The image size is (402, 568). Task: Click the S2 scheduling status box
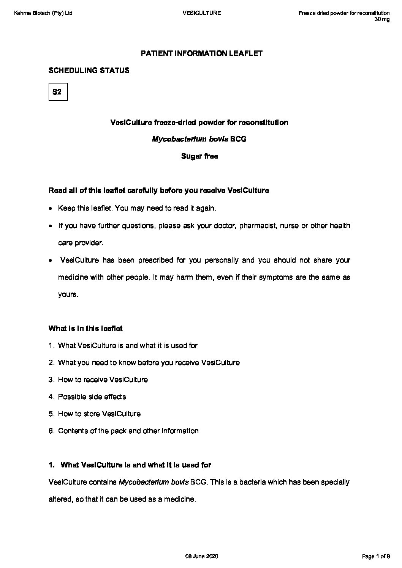tap(58, 91)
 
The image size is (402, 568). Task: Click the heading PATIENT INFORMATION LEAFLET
tap(201, 53)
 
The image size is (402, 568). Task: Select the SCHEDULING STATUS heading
tap(89, 70)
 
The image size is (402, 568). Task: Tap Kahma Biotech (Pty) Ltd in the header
tap(43, 13)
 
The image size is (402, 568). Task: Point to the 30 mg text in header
tap(382, 19)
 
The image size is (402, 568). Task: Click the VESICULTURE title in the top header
tap(201, 13)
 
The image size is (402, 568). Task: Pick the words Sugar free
tap(199, 156)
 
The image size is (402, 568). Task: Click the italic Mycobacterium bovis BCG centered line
tap(199, 139)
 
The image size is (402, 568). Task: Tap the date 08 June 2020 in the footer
tap(201, 556)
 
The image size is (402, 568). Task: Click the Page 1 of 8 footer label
tap(375, 556)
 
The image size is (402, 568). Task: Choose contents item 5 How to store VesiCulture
tap(99, 414)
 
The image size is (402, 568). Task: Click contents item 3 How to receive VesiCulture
tap(103, 379)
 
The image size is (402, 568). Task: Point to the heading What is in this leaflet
tap(85, 328)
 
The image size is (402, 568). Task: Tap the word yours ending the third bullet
tap(68, 294)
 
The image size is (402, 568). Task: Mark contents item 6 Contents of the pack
tap(128, 431)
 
